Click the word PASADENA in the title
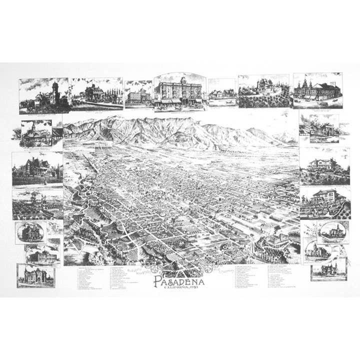point(179,281)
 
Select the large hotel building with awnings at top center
point(179,92)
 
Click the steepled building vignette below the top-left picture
point(36,134)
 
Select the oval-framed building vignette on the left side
point(30,232)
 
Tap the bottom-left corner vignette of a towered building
point(35,275)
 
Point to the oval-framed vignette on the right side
point(332,231)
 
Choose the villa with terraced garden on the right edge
point(324,202)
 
